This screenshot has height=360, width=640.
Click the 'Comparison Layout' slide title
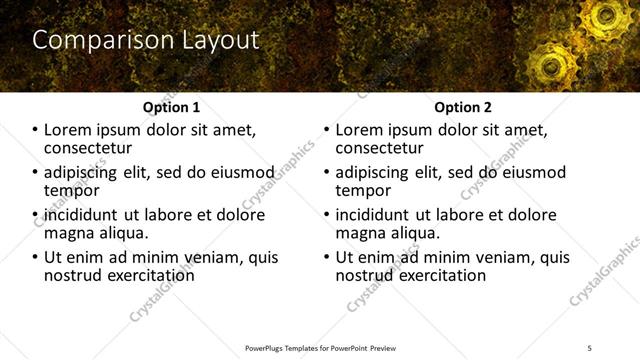[146, 40]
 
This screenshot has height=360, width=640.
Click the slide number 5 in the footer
[589, 347]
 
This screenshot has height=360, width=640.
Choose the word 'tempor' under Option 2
[363, 190]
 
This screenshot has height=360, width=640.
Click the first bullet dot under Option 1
[35, 131]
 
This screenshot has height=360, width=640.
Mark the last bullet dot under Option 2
[326, 258]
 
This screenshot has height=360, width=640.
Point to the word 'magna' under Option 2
[361, 233]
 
